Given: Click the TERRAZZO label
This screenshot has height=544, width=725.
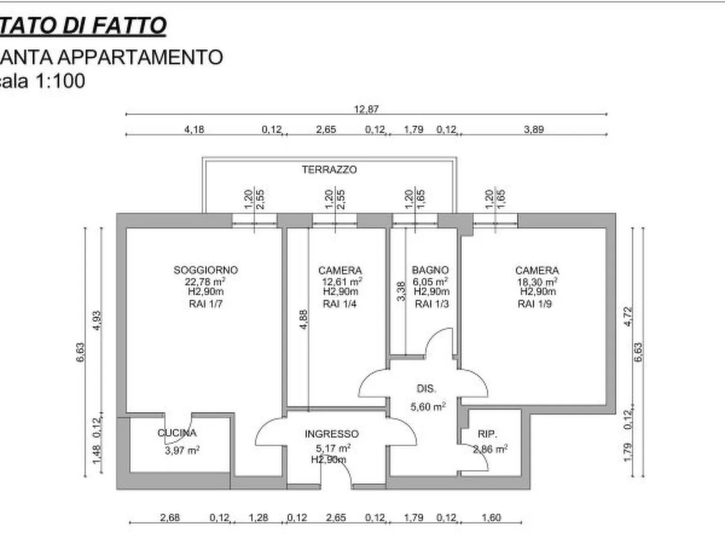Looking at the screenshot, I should (329, 170).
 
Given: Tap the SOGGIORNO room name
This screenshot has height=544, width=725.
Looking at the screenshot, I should (205, 270).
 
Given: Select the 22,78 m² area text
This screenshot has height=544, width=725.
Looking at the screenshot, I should (204, 281).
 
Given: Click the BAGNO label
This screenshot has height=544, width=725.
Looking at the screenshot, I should (430, 270).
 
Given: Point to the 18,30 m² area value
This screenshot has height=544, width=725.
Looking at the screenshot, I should (537, 281).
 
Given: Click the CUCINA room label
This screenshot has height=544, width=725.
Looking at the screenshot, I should (177, 433).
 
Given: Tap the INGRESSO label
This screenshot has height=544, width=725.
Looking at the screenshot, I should (331, 434).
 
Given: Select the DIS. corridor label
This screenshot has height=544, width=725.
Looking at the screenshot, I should (426, 389).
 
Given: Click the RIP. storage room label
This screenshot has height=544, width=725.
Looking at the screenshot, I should (487, 434).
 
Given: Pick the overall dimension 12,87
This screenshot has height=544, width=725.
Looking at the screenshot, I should (366, 109).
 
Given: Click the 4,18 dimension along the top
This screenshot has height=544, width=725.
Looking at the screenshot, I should (194, 130).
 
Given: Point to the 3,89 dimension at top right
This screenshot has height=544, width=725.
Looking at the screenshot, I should (534, 130).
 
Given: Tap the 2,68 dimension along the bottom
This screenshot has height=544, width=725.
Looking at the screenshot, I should (170, 517).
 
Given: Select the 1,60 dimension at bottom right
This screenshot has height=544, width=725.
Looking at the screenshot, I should (491, 517).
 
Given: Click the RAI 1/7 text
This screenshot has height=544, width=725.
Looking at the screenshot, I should (205, 304).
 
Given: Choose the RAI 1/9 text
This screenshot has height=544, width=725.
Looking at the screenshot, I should (534, 304).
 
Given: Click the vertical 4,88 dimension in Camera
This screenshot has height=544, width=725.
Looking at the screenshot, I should (303, 319).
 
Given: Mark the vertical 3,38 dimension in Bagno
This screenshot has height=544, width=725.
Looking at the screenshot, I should (401, 292).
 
